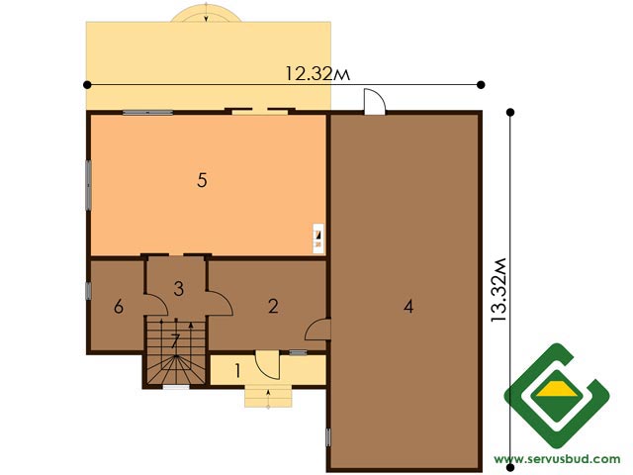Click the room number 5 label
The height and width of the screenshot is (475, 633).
pyautogui.click(x=202, y=180)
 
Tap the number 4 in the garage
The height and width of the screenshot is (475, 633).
pyautogui.click(x=408, y=307)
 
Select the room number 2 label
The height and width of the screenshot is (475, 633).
pyautogui.click(x=273, y=306)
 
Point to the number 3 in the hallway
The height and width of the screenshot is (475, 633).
pyautogui.click(x=179, y=288)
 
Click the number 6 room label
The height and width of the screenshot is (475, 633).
pyautogui.click(x=119, y=307)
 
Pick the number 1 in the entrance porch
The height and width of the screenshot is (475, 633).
pyautogui.click(x=237, y=371)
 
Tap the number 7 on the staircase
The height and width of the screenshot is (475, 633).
pyautogui.click(x=175, y=341)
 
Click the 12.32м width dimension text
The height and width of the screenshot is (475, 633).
pyautogui.click(x=317, y=74)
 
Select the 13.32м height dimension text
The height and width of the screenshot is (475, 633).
pyautogui.click(x=498, y=290)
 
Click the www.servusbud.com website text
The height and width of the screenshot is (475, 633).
pyautogui.click(x=557, y=459)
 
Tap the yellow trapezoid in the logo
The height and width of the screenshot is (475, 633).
pyautogui.click(x=557, y=389)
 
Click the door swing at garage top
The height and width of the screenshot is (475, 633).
pyautogui.click(x=375, y=102)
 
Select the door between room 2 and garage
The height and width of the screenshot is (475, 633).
pyautogui.click(x=318, y=330)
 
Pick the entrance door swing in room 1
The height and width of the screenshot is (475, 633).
pyautogui.click(x=268, y=365)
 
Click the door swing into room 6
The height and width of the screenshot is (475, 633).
pyautogui.click(x=156, y=305)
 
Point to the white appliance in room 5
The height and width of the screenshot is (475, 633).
pyautogui.click(x=318, y=238)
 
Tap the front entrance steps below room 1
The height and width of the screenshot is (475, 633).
pyautogui.click(x=268, y=396)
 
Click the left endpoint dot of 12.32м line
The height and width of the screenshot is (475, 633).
pyautogui.click(x=87, y=85)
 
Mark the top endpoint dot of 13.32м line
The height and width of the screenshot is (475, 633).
pyautogui.click(x=510, y=112)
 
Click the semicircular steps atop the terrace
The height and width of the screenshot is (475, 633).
pyautogui.click(x=206, y=12)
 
